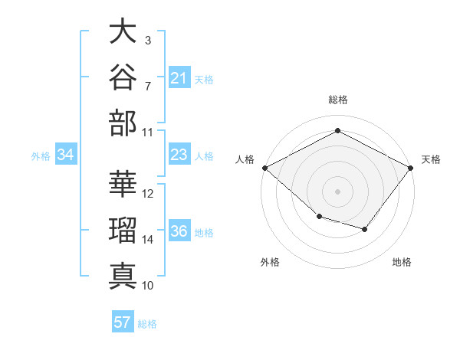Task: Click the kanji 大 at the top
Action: click(x=123, y=31)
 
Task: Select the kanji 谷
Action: click(x=123, y=77)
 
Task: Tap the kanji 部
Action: click(x=123, y=123)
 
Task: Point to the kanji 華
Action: click(x=123, y=184)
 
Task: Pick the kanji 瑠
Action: click(x=123, y=231)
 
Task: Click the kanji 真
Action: click(x=123, y=277)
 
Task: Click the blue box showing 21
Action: click(x=179, y=77)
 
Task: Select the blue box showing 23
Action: click(x=179, y=154)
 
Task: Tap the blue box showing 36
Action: click(x=179, y=230)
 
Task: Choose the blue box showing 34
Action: click(x=66, y=154)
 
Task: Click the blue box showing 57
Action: click(x=123, y=321)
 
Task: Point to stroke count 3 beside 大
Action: click(x=148, y=41)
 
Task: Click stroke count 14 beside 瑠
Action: click(x=147, y=240)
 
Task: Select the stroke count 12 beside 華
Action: click(x=147, y=194)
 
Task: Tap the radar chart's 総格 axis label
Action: click(x=338, y=100)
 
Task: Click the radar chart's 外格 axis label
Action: click(x=270, y=262)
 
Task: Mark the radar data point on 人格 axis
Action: click(x=265, y=168)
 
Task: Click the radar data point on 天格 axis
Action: click(x=411, y=168)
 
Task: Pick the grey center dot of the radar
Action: click(x=337, y=191)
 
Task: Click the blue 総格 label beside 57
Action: click(x=147, y=324)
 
